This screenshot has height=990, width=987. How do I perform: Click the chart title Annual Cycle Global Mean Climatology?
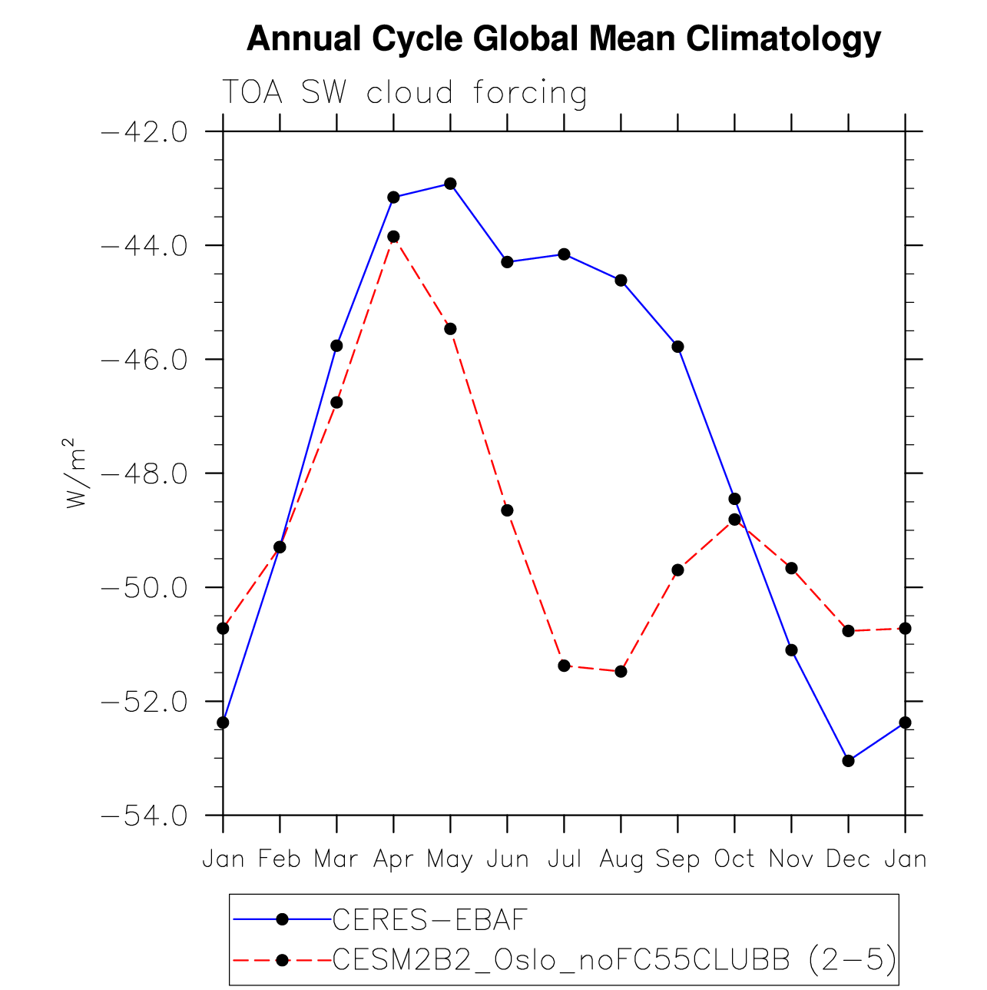563,38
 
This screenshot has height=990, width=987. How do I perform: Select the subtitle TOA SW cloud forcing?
405,92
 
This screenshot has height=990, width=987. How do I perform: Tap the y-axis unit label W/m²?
75,473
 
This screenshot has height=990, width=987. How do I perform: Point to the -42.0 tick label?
144,132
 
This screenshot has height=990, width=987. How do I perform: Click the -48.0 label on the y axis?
144,473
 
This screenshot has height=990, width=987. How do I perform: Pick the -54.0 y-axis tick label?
144,816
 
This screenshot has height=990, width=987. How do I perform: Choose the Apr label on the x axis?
393,859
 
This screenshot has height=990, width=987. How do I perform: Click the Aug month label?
621,859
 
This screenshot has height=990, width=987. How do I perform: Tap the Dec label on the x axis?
848,859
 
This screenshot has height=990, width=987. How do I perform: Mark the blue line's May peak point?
450,184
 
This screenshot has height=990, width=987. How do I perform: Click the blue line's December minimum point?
848,761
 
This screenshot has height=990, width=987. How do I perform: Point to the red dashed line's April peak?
393,237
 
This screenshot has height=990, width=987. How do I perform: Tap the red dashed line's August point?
621,672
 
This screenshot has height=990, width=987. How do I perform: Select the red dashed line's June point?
507,510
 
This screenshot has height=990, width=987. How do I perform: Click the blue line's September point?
677,347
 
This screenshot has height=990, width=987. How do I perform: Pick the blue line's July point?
564,254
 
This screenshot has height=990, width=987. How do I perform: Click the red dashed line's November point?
791,568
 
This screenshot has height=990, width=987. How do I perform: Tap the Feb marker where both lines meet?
280,547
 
